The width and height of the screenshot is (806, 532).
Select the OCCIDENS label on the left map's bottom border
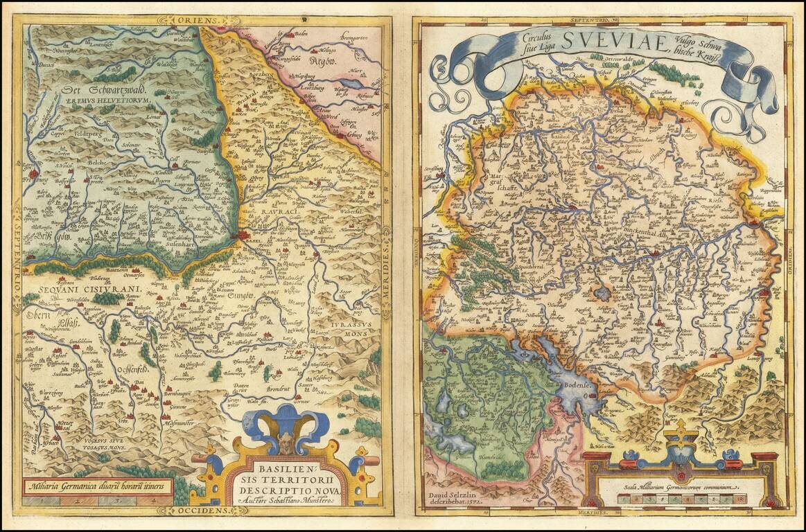click(x=202, y=511)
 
